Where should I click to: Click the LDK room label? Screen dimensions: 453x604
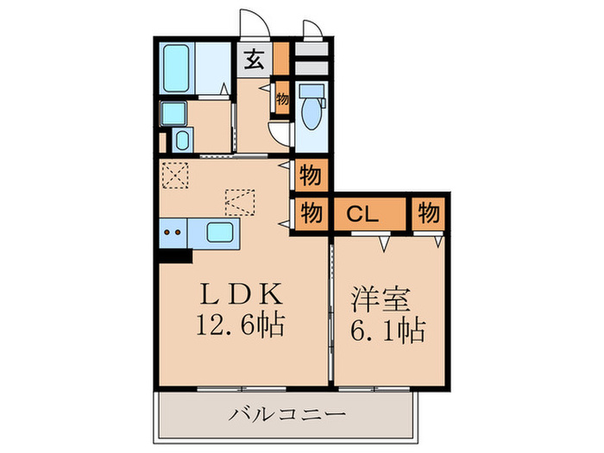click(240, 294)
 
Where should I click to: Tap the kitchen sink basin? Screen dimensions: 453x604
click(219, 231)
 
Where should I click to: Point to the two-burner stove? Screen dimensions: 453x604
click(173, 232)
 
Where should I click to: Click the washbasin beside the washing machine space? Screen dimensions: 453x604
click(182, 140)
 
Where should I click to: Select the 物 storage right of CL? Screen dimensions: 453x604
click(429, 213)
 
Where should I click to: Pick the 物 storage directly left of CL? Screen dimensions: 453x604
click(311, 213)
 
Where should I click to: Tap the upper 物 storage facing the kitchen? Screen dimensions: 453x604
click(311, 176)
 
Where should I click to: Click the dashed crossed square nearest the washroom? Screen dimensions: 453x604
click(176, 175)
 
